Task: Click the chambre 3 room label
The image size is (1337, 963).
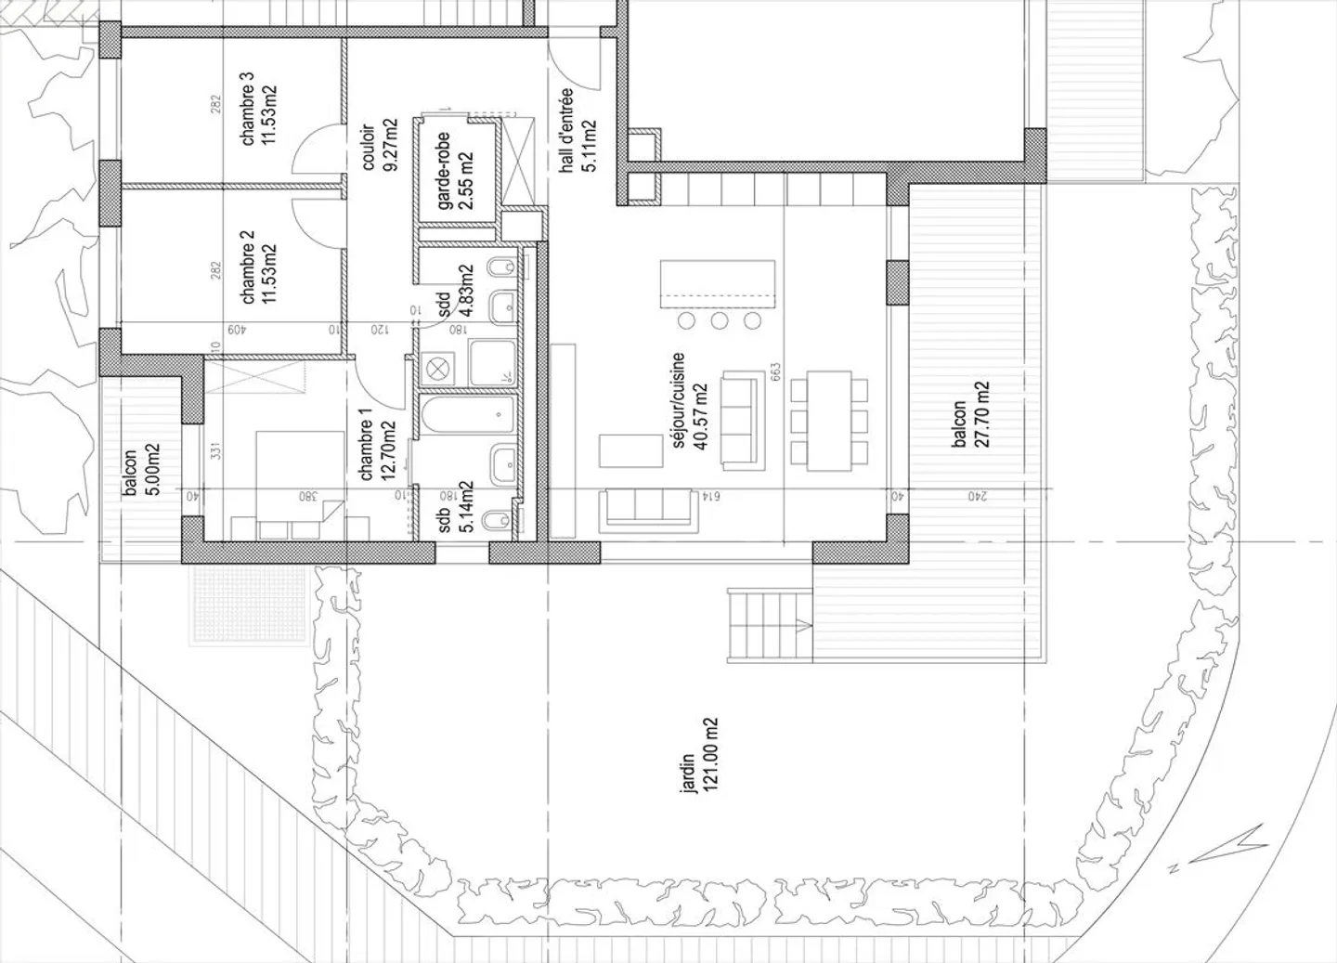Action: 249,115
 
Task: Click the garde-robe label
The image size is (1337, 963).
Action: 444,170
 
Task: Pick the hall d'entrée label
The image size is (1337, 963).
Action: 567,130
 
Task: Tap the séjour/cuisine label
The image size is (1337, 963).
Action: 679,400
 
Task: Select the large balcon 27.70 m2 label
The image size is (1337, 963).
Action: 960,415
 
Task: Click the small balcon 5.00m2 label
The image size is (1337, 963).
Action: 131,471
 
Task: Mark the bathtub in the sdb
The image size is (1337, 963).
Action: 466,415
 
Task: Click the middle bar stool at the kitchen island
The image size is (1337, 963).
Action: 720,321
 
